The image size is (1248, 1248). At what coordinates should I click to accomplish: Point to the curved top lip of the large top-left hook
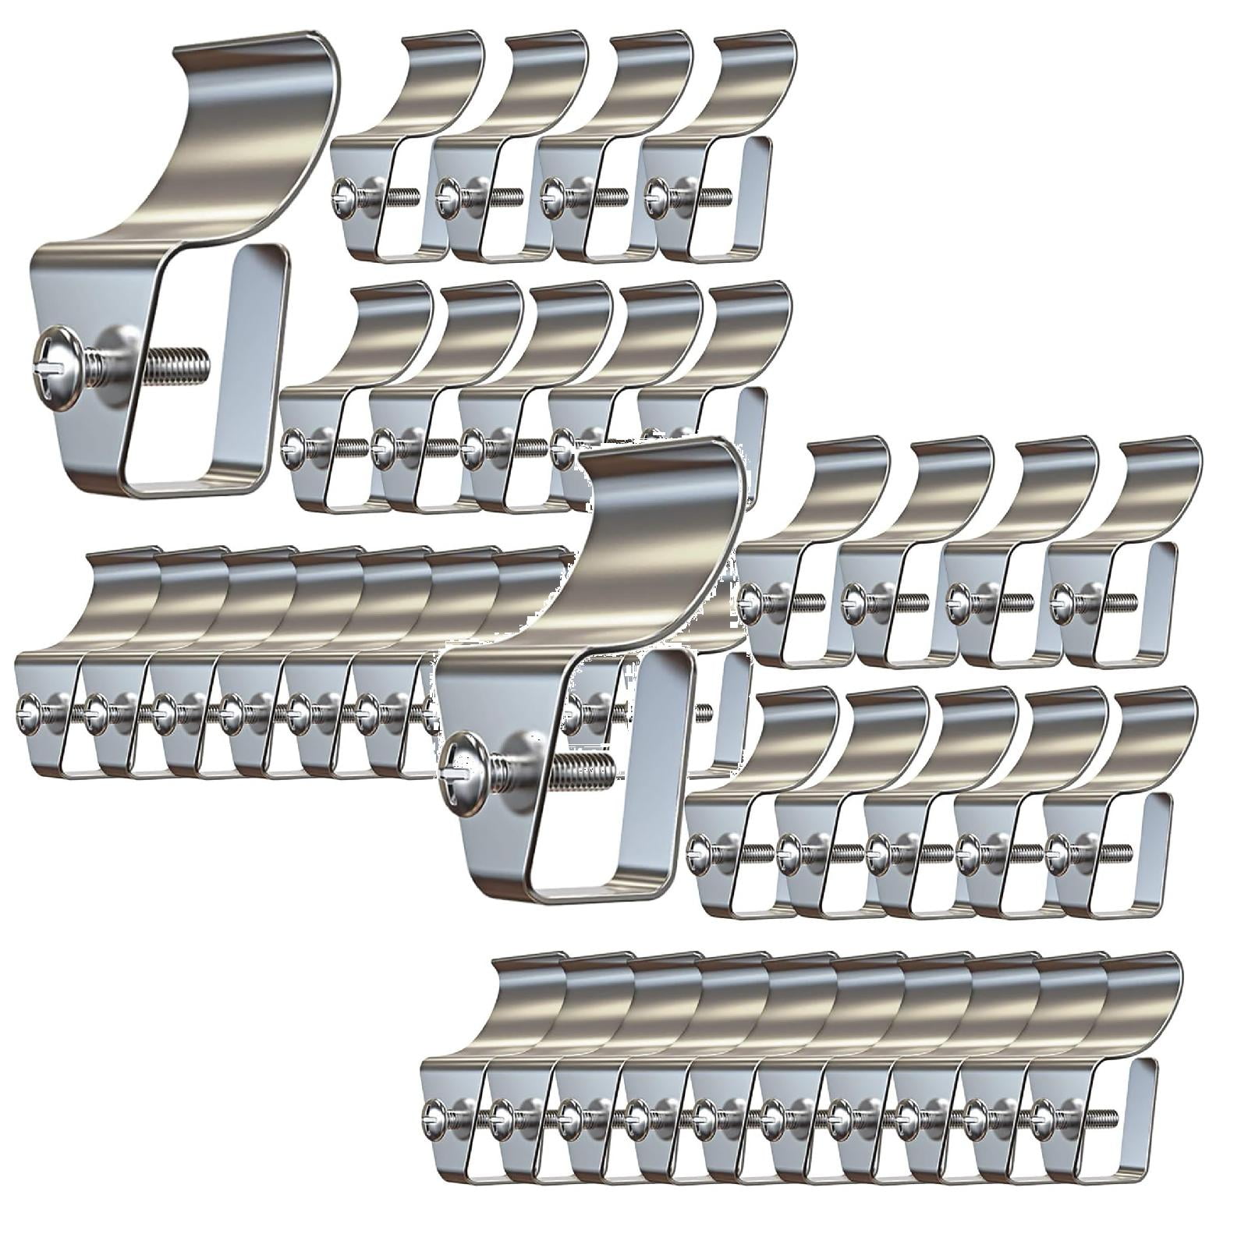(257, 94)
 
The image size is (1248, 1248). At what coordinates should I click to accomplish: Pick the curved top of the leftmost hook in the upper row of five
(390, 320)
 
